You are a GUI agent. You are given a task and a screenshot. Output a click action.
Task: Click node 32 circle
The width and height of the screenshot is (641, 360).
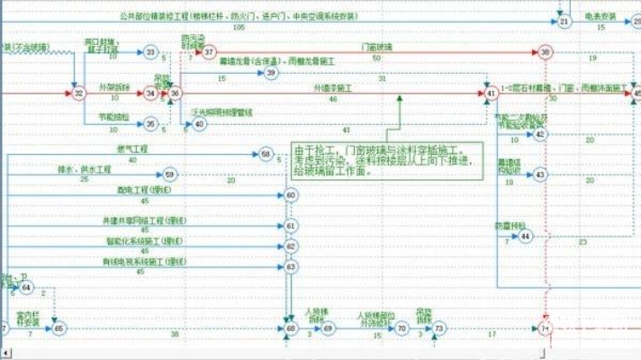point(78,93)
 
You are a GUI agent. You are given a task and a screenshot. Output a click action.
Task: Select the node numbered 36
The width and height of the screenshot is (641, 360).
point(176,93)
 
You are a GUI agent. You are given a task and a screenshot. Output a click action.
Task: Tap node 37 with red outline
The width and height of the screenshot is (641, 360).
point(209,53)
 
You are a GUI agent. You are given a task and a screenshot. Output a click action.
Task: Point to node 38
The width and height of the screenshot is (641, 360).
point(546,53)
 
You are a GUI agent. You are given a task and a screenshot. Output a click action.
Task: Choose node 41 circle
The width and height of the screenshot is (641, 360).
point(491,93)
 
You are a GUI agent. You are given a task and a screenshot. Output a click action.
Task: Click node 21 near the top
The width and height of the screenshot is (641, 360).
point(564,22)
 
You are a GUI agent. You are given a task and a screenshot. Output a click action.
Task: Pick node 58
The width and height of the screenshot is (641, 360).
point(266,155)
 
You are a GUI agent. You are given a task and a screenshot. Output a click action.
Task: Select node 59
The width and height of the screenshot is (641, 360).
point(170,174)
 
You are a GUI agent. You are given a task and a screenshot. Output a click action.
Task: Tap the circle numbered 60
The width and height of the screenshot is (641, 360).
point(291,195)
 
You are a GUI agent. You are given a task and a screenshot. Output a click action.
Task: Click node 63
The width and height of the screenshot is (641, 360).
point(291,266)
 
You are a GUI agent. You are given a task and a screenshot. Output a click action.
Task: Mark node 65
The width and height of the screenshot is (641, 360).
point(59,328)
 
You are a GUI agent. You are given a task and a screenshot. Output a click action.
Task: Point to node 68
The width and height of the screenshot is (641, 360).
point(291,328)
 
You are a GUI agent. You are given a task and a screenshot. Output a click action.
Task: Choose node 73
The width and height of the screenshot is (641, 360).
point(438,328)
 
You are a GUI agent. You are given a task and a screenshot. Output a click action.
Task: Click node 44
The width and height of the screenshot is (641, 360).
point(526,236)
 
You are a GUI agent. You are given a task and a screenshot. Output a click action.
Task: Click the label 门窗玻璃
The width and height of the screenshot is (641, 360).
point(376,47)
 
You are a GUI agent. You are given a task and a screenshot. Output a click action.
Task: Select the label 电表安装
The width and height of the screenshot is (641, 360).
point(601,16)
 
